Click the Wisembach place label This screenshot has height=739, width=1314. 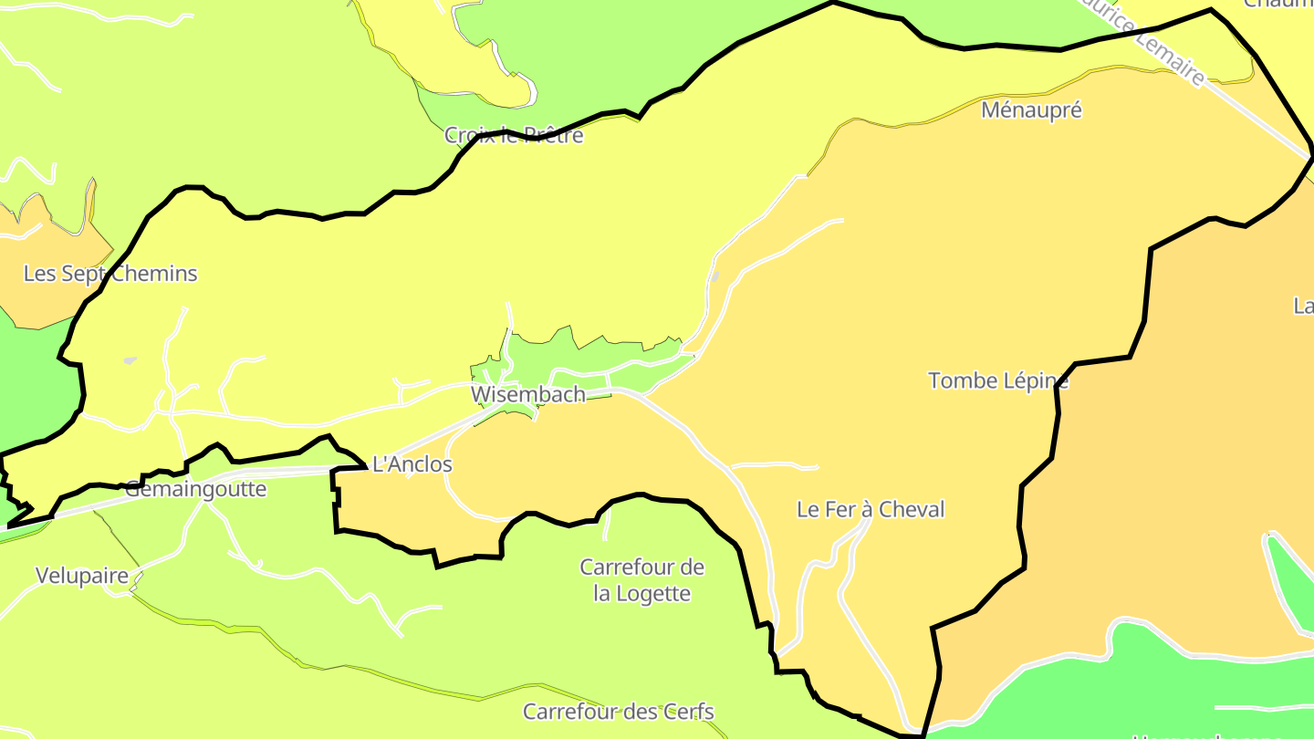pos(527,394)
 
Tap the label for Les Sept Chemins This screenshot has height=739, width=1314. pos(109,273)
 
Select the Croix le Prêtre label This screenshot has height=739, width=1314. pos(513,135)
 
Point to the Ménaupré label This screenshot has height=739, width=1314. pos(1031,110)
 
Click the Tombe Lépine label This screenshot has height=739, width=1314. pos(997,380)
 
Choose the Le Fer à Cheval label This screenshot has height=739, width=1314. pos(871,509)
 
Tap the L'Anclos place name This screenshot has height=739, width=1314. pos(412,464)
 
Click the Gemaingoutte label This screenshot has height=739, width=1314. pos(195,489)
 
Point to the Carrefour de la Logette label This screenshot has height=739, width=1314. pos(641,580)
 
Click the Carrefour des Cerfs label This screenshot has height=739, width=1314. pos(618,712)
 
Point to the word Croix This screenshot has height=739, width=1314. pos(469,135)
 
